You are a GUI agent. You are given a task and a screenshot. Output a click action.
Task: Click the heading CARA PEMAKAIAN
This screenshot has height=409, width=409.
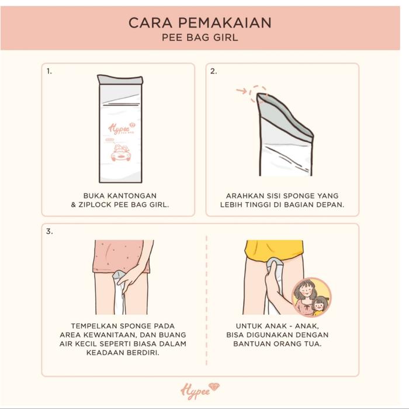(x=200, y=23)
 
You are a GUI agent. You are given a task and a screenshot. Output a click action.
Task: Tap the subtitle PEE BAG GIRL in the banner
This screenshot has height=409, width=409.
(x=200, y=37)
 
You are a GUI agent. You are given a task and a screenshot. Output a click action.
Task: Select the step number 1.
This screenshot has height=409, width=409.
(x=49, y=71)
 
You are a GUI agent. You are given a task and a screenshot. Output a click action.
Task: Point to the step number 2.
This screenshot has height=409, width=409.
(x=214, y=71)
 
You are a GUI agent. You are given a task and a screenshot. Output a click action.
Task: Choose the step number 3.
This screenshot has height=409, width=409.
(x=50, y=231)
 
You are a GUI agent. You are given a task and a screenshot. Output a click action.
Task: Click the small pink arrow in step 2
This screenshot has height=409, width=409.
(x=241, y=91)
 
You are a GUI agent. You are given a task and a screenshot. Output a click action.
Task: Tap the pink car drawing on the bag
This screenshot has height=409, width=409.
(x=121, y=152)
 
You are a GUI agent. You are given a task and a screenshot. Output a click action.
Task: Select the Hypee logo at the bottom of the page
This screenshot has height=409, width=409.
(x=200, y=391)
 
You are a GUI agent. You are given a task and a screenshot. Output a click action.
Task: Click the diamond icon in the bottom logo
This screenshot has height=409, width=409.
(x=214, y=387)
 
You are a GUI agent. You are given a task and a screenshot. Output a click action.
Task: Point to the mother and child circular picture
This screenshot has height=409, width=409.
(x=311, y=297)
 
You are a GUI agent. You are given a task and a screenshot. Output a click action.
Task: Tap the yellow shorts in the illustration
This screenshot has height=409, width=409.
(x=274, y=251)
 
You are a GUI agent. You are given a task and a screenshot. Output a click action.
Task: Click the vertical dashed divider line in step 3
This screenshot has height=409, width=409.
(x=206, y=300)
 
